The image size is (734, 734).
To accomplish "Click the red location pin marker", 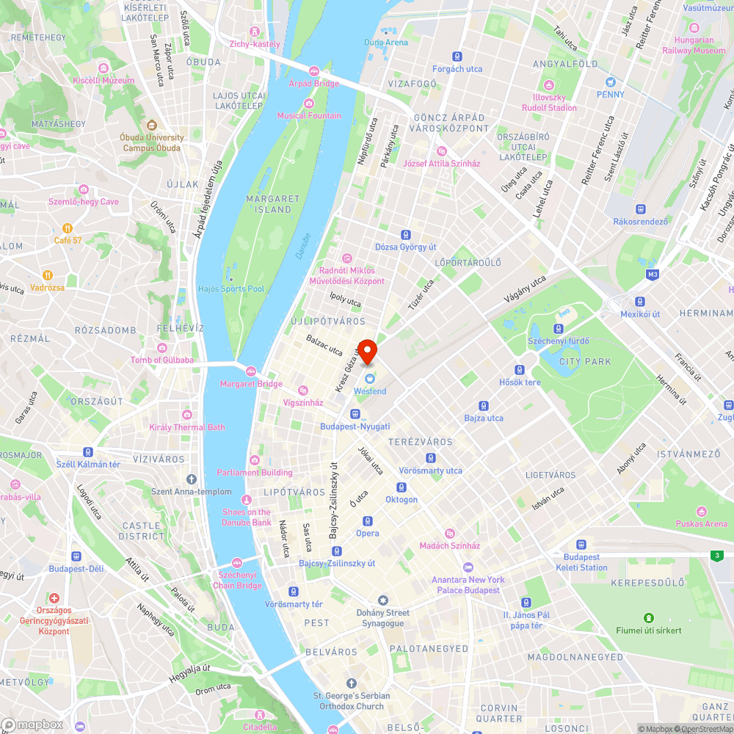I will pyautogui.click(x=367, y=350).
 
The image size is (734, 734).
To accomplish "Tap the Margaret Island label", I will pyautogui.click(x=273, y=204).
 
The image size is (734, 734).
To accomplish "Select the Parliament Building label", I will pyautogui.click(x=254, y=473).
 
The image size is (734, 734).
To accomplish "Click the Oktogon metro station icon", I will pyautogui.click(x=401, y=487).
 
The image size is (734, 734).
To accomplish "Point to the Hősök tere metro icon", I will pyautogui.click(x=520, y=370).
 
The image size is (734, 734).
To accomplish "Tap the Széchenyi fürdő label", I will pyautogui.click(x=559, y=341).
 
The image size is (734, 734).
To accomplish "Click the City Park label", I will pyautogui.click(x=585, y=362).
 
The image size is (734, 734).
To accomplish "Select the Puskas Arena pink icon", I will pyautogui.click(x=702, y=512).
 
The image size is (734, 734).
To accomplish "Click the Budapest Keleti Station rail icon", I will pyautogui.click(x=582, y=545).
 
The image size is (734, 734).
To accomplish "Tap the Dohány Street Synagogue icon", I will pyautogui.click(x=382, y=600).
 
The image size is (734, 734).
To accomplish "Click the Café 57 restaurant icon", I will pyautogui.click(x=68, y=228).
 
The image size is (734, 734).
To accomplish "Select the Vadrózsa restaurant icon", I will pyautogui.click(x=47, y=275).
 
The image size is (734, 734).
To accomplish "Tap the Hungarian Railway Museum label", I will pyautogui.click(x=694, y=46).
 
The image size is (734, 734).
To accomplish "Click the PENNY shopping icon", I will pyautogui.click(x=610, y=82).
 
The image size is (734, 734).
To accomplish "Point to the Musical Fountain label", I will pyautogui.click(x=309, y=115).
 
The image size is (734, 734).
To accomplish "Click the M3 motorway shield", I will pyautogui.click(x=653, y=275).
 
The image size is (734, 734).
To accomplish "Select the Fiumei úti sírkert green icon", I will pyautogui.click(x=648, y=618).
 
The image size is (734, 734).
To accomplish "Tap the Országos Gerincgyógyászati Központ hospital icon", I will pyautogui.click(x=54, y=599).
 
